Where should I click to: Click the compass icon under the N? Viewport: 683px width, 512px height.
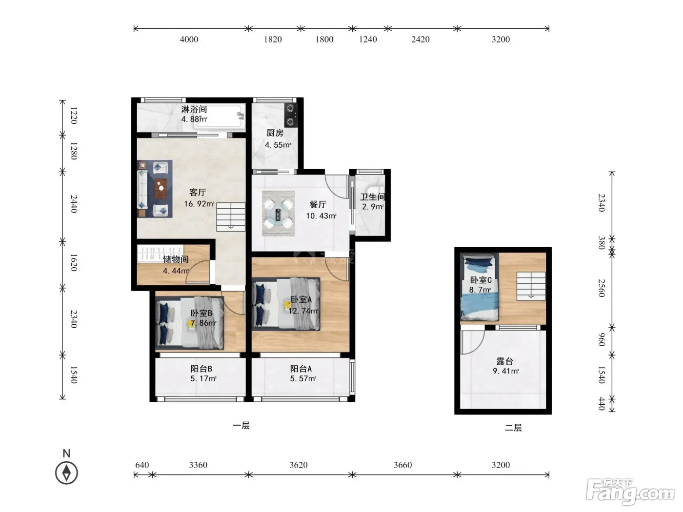[66, 473]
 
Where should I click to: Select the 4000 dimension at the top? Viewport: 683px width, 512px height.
[189, 39]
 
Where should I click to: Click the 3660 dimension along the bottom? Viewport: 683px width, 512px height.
[402, 465]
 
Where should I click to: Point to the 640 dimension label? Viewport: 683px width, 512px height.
[142, 465]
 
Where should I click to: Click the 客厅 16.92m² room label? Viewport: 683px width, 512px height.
[199, 198]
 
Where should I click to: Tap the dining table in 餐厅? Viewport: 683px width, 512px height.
[278, 213]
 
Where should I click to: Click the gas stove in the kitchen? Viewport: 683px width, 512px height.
[291, 115]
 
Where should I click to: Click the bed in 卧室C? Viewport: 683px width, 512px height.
[480, 288]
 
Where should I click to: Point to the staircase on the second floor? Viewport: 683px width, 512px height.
[531, 286]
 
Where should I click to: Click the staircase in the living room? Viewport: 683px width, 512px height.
[231, 217]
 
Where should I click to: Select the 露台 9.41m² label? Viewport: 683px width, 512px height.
[505, 366]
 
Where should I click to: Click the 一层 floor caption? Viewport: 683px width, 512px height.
[241, 426]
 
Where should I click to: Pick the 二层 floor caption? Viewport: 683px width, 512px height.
[513, 428]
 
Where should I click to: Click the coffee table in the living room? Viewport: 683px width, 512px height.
[161, 188]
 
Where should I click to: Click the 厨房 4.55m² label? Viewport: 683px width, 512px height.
[278, 138]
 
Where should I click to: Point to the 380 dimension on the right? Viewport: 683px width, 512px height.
[602, 243]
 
